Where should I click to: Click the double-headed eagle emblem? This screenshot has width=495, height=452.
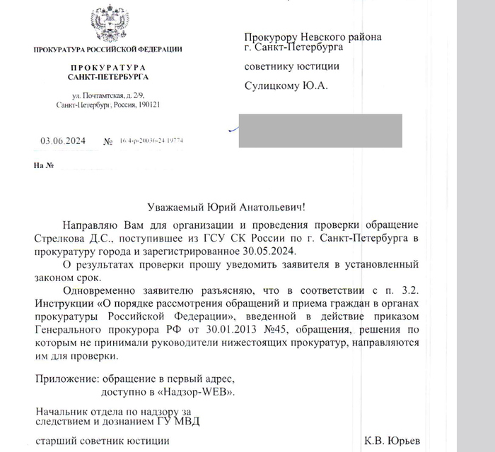click(107, 24)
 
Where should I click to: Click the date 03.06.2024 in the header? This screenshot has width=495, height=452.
click(64, 141)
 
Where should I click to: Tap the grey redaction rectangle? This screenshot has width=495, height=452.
click(320, 130)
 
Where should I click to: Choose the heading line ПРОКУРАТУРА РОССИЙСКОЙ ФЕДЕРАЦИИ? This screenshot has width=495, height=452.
click(107, 49)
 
